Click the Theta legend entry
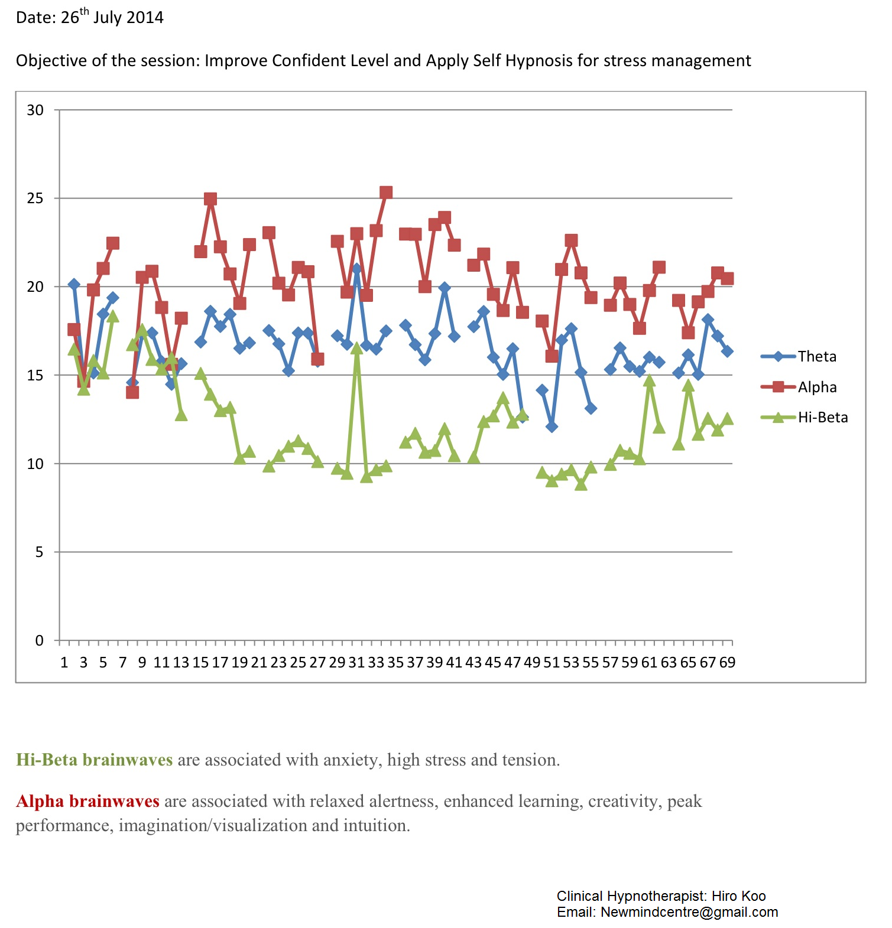(x=816, y=356)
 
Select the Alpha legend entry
(x=817, y=387)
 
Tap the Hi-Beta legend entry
(x=822, y=418)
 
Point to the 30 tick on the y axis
(x=35, y=110)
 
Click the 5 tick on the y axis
(x=39, y=552)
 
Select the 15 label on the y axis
(x=35, y=375)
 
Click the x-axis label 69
(x=727, y=662)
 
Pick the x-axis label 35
(x=395, y=662)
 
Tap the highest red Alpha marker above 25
(x=386, y=193)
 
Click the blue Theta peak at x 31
(x=356, y=268)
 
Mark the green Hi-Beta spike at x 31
(x=356, y=349)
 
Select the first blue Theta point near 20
(x=74, y=284)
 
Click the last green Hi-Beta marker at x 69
(x=728, y=419)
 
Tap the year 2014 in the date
(x=145, y=18)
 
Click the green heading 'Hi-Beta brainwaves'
(x=95, y=760)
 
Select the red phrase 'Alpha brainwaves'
(x=87, y=801)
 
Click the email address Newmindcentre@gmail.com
(x=689, y=912)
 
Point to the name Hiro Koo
(x=738, y=896)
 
